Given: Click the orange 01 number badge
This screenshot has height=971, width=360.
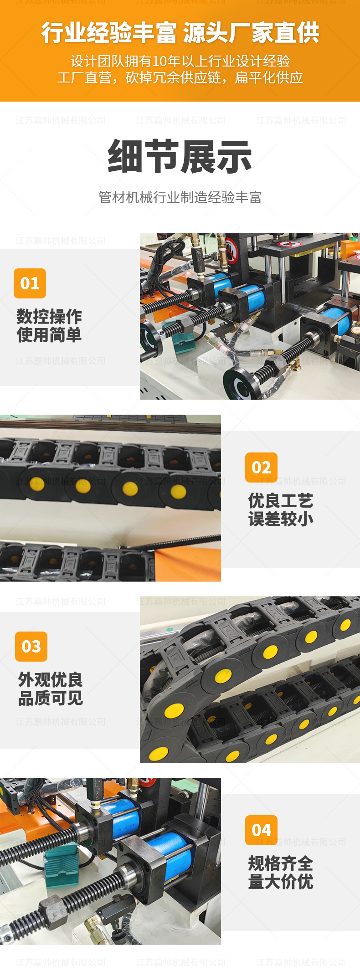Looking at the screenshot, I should tap(30, 283).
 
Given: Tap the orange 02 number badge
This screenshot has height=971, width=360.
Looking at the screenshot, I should tap(261, 468).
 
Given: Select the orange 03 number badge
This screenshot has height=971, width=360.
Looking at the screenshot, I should tap(31, 646).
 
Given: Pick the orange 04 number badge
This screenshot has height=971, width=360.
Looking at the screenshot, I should tap(261, 830).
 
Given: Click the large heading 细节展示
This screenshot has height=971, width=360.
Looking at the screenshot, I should tap(180, 157).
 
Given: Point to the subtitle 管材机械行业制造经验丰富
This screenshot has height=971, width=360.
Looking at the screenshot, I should tap(180, 197).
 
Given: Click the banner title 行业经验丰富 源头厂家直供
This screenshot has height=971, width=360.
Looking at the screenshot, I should tap(180, 33).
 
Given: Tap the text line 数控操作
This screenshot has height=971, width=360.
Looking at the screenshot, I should tap(49, 316).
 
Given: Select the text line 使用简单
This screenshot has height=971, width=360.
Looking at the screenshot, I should tap(49, 335).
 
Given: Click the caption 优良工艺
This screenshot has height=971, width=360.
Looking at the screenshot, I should tap(281, 500).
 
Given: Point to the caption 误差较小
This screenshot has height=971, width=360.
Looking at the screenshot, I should tap(281, 519).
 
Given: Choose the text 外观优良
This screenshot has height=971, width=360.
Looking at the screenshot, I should tap(50, 679).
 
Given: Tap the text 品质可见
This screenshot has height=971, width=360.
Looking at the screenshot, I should tap(50, 698).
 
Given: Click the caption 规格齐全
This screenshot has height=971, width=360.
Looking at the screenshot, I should tap(281, 863).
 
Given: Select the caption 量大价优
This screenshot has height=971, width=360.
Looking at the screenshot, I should tap(281, 882).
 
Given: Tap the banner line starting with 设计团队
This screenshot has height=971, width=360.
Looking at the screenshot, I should tap(180, 61).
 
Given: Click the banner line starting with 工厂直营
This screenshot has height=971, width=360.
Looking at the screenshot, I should tap(180, 78).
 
